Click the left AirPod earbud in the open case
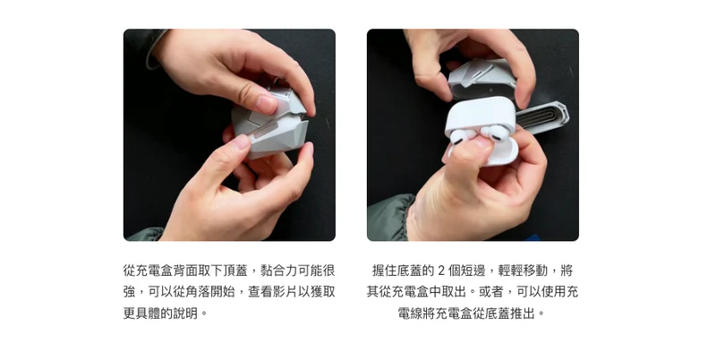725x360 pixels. pos(459,137)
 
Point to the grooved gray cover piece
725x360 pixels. pos(542,117)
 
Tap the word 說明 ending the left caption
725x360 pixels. pos(185,313)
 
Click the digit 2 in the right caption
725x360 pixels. pos(440,270)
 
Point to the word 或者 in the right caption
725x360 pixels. pos(490,292)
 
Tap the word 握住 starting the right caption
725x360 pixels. pos(384,270)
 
